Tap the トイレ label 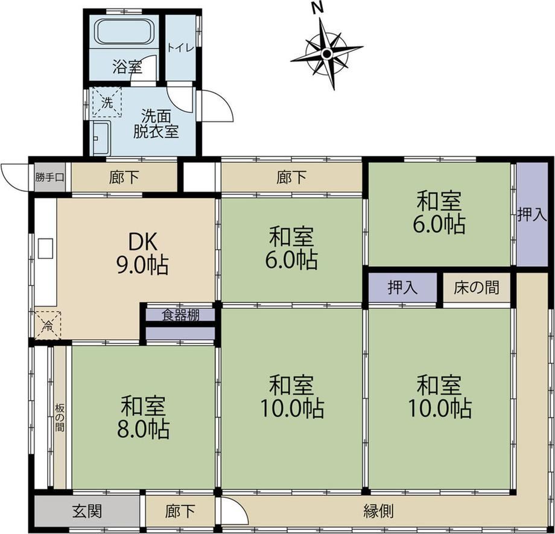click(x=180, y=48)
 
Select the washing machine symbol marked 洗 click(x=107, y=103)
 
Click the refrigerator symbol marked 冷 click(x=48, y=325)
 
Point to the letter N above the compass click(x=318, y=8)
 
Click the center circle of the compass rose click(x=327, y=54)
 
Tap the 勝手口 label click(x=49, y=177)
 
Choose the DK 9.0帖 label click(x=142, y=253)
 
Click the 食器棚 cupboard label click(x=180, y=315)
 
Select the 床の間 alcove click(x=477, y=287)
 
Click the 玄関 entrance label click(x=87, y=510)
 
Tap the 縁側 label click(x=378, y=510)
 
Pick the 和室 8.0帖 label click(x=143, y=418)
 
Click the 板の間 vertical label click(x=60, y=418)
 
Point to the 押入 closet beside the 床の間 click(x=402, y=287)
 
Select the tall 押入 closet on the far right click(x=532, y=214)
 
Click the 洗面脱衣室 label click(x=156, y=124)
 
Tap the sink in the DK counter click(x=45, y=248)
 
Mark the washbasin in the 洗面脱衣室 click(x=101, y=138)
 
